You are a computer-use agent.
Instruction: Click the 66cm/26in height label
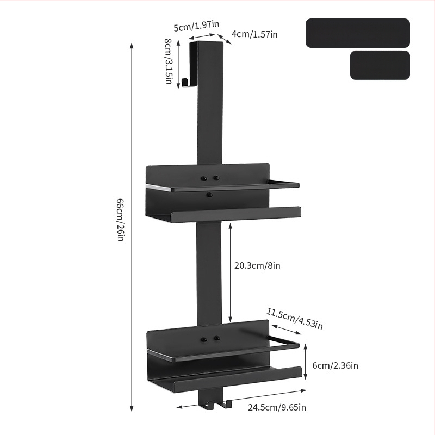pos(120,220)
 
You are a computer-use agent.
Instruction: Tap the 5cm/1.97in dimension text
pos(196,26)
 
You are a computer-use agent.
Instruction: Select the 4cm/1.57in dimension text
pos(254,34)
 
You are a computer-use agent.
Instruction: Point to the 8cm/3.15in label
pos(168,61)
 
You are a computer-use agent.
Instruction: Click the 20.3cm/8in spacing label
pos(257,265)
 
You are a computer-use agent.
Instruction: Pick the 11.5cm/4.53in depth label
pos(295,319)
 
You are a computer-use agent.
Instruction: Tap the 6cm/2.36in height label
pos(335,365)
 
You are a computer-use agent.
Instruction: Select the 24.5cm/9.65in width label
pos(277,407)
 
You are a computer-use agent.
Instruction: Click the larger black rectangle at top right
pos(358,33)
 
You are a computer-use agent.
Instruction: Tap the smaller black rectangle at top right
pos(380,65)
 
